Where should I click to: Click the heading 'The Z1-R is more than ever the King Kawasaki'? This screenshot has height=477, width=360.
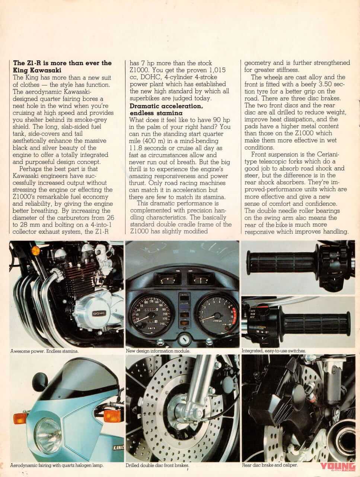click(62, 66)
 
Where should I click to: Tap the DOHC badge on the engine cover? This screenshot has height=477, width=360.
click(99, 312)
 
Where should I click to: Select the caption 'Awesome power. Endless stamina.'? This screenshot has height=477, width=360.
click(44, 351)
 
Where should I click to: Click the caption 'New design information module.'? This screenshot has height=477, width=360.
click(158, 351)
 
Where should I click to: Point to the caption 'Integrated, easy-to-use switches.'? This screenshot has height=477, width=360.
click(274, 351)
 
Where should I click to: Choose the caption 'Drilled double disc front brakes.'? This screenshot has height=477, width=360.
click(157, 465)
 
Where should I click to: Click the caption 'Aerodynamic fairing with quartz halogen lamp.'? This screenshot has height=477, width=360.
click(57, 465)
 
